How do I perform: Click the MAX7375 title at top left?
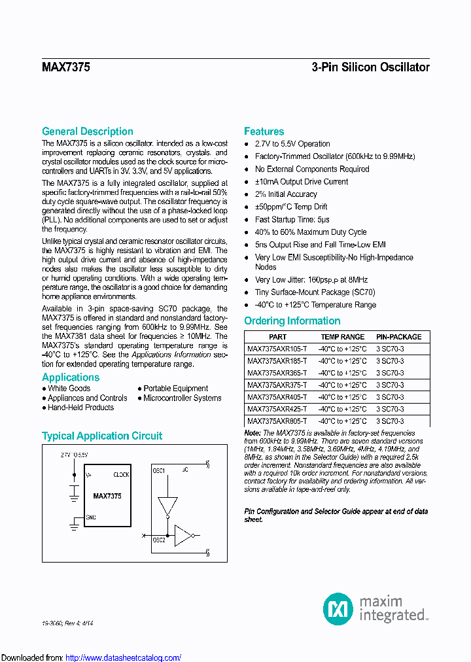click(x=66, y=67)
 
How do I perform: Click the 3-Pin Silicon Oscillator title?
click(x=370, y=67)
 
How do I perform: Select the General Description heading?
click(x=88, y=131)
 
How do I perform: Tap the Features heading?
click(x=264, y=131)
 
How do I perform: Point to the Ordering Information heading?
click(x=292, y=321)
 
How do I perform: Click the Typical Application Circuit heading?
click(x=102, y=436)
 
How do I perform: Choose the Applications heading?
click(x=71, y=377)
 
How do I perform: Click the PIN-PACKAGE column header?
click(x=399, y=337)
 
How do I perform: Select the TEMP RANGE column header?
click(x=343, y=337)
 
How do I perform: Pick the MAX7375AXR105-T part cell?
click(x=277, y=349)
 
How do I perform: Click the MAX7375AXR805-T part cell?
click(x=277, y=422)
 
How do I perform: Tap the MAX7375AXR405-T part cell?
click(x=277, y=397)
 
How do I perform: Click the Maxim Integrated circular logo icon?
click(x=338, y=608)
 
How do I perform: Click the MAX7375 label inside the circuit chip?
click(x=107, y=496)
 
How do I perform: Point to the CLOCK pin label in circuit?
click(x=121, y=475)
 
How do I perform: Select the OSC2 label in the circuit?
click(x=159, y=540)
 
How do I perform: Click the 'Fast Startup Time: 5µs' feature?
click(x=292, y=220)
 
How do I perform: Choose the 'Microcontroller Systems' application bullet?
click(x=183, y=398)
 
